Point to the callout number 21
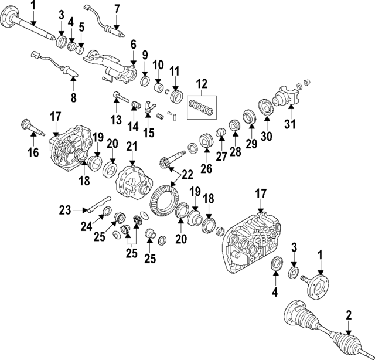click(131, 145)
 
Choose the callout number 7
click(117, 9)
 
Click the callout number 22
click(186, 175)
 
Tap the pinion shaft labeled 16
click(29, 127)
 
